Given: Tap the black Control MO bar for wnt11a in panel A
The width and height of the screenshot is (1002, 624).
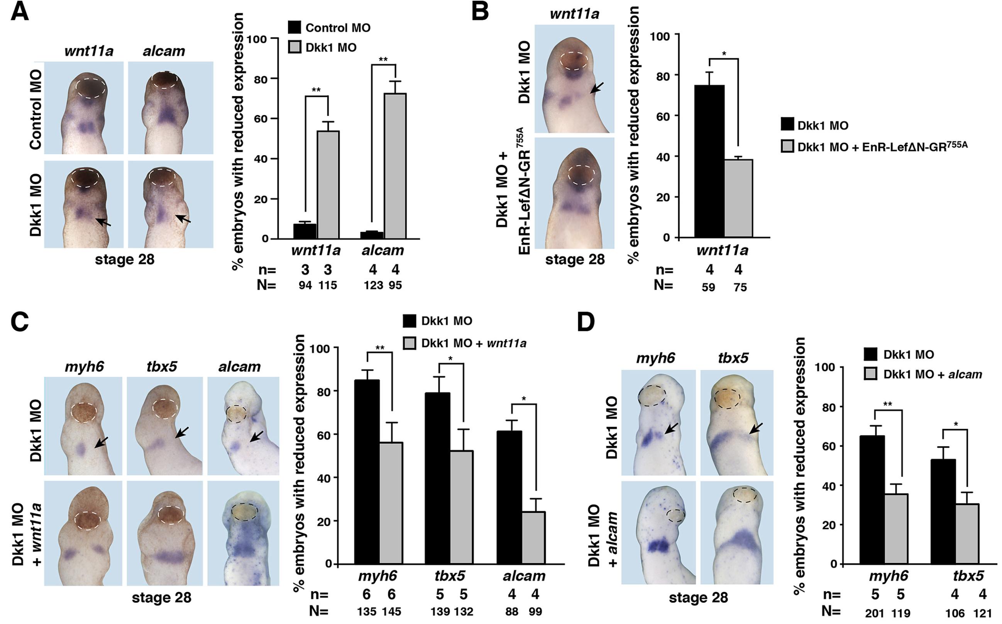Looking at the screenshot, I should tap(305, 231).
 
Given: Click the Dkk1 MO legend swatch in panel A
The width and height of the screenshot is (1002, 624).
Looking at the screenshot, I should tap(295, 47).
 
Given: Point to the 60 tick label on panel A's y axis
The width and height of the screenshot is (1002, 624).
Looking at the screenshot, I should tap(261, 119).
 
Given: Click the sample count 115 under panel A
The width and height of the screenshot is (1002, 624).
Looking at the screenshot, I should tap(327, 285).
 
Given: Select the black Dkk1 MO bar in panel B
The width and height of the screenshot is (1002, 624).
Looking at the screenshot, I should tap(709, 161).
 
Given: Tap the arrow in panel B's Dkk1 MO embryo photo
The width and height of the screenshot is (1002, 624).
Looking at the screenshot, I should tap(596, 88).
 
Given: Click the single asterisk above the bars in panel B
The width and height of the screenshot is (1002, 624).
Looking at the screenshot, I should tap(724, 54).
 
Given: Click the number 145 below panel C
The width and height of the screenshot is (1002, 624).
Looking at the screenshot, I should tap(391, 611).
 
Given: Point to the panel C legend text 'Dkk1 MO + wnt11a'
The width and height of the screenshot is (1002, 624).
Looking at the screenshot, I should tap(474, 343).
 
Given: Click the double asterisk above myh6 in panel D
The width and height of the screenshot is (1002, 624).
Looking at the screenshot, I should tap(887, 404).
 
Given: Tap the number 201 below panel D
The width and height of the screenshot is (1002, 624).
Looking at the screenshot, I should tap(875, 614).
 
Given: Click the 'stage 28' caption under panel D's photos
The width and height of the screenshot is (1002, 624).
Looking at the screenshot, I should tap(698, 597).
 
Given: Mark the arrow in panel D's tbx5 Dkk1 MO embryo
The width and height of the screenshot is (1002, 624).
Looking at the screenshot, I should tap(755, 428).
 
